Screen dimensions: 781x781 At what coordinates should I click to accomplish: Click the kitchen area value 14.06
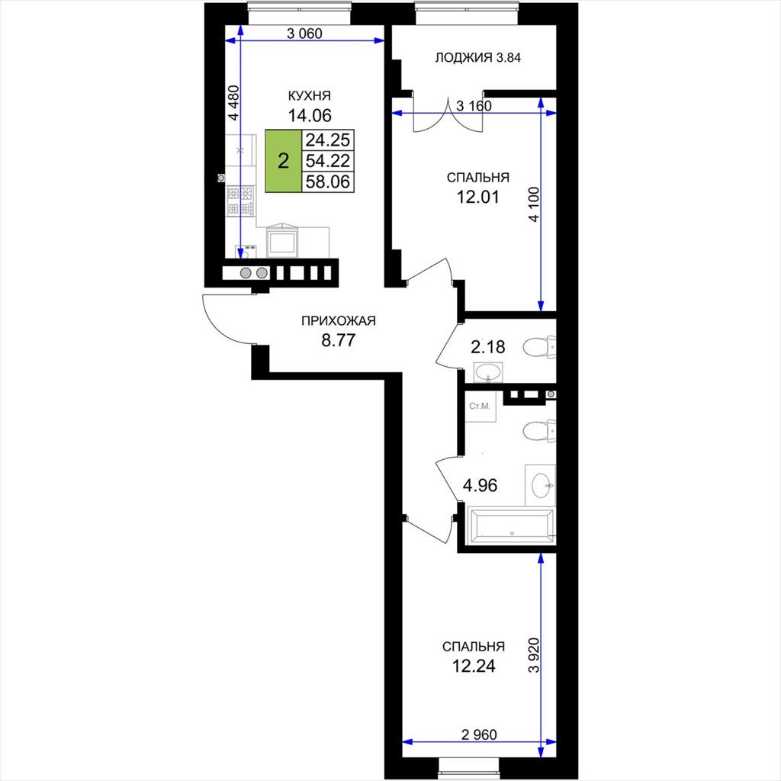[x=310, y=116]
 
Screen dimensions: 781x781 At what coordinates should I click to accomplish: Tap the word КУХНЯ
[x=310, y=95]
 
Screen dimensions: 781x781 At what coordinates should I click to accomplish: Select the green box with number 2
[x=284, y=161]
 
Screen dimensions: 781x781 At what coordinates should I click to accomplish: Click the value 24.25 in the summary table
[x=328, y=140]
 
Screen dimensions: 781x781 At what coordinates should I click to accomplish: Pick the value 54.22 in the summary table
[x=328, y=161]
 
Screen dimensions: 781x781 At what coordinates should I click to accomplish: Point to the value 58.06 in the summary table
[x=328, y=182]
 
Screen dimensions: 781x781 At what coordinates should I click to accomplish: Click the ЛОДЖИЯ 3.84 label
[x=477, y=58]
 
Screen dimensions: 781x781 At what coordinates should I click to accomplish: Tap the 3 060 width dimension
[x=305, y=34]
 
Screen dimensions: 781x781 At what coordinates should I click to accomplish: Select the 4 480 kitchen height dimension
[x=233, y=103]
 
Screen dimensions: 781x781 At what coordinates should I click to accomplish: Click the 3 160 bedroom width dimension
[x=474, y=105]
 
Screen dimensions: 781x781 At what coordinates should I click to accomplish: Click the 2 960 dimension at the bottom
[x=479, y=734]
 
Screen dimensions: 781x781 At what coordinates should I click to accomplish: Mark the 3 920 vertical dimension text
[x=534, y=655]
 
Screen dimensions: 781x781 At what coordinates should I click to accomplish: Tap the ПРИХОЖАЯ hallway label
[x=338, y=321]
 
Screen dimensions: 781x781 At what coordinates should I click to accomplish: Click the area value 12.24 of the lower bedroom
[x=473, y=666]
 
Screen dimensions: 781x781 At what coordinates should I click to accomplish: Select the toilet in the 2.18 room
[x=539, y=347]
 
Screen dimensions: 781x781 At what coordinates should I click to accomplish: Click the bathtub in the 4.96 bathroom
[x=511, y=525]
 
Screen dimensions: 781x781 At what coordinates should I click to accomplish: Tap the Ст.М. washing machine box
[x=480, y=407]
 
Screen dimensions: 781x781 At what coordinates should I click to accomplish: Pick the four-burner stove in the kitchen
[x=240, y=201]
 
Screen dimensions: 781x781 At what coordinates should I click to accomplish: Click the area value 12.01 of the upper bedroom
[x=478, y=198]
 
